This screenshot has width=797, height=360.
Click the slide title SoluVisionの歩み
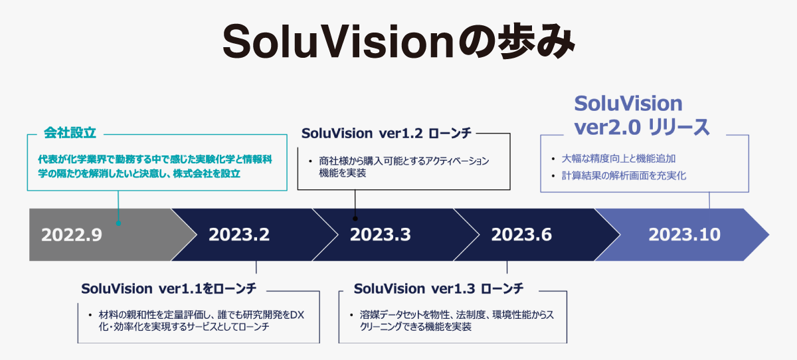click(x=398, y=41)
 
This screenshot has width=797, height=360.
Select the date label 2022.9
click(x=72, y=234)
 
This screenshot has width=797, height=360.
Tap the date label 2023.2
click(x=239, y=234)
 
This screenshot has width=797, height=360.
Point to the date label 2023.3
click(x=381, y=234)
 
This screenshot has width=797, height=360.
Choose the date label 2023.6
click(x=521, y=234)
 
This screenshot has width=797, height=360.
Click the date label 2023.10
click(x=685, y=234)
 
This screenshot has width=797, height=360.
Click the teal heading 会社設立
click(x=70, y=133)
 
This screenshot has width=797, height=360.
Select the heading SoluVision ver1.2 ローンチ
click(x=387, y=134)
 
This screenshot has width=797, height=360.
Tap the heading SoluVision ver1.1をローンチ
click(x=169, y=288)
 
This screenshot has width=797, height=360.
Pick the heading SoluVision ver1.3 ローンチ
click(x=439, y=288)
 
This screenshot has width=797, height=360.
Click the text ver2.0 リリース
click(x=642, y=128)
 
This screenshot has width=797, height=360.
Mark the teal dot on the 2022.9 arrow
click(x=118, y=223)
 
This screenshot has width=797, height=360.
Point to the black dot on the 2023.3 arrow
click(x=355, y=219)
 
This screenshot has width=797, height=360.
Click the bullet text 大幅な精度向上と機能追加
click(x=619, y=159)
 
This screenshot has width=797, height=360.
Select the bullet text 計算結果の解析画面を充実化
click(x=624, y=176)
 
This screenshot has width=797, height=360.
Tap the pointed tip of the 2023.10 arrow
click(x=769, y=234)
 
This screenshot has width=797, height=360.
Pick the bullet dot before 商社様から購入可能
click(x=311, y=162)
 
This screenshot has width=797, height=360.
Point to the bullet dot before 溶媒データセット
click(x=351, y=315)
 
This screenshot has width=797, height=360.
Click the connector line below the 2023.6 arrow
click(x=507, y=267)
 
